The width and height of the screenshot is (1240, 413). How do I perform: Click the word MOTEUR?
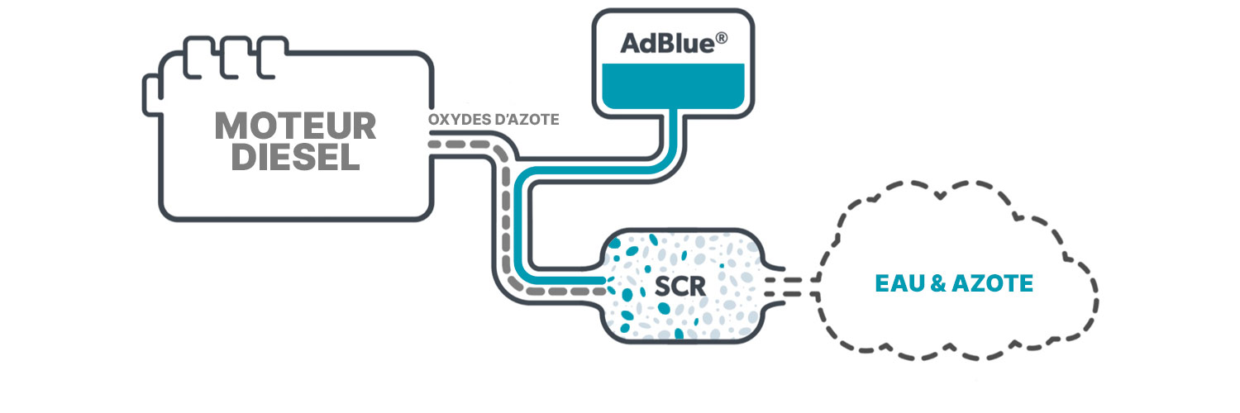pos(295,126)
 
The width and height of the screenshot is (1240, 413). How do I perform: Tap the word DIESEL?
pos(295,156)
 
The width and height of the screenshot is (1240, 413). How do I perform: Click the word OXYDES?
pos(456,120)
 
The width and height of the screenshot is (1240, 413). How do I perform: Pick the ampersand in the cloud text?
pos(938,284)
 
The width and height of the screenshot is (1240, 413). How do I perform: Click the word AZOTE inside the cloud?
pos(992,284)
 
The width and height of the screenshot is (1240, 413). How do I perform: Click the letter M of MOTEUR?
pos(230,126)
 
